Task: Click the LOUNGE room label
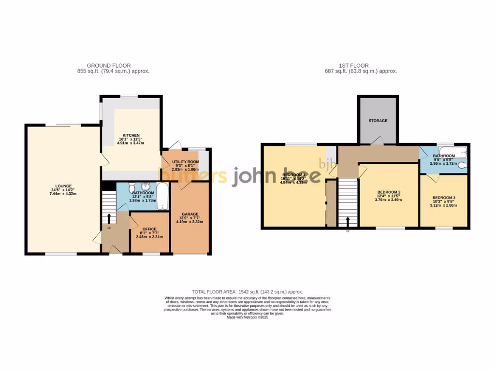point(63,186)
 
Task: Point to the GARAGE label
point(190,214)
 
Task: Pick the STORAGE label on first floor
point(378,120)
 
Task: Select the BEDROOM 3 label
point(444,198)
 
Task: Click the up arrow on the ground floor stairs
point(109,218)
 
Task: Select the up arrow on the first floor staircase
point(348,221)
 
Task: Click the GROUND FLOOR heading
point(109,66)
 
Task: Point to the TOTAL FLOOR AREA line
point(247,292)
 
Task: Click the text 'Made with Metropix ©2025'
point(247,317)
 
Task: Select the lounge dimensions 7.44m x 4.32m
point(63,194)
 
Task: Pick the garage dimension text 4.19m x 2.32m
point(190,222)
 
